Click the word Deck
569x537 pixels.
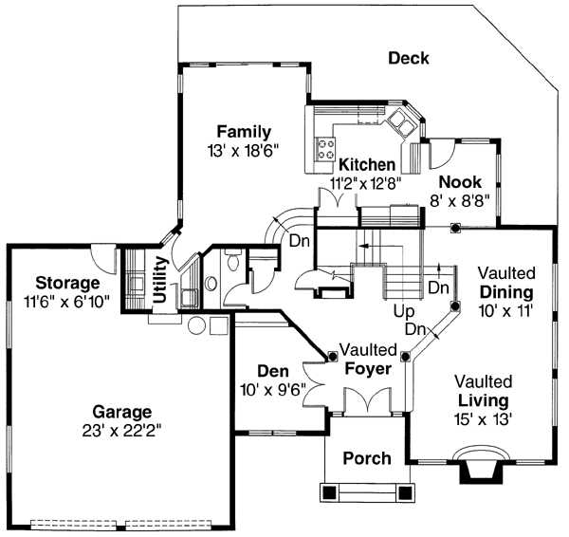(409, 59)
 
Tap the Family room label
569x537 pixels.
(244, 132)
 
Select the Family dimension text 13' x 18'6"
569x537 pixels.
(244, 150)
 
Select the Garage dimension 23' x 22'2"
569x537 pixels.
(121, 430)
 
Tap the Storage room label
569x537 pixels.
(67, 283)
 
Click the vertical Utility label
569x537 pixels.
(160, 282)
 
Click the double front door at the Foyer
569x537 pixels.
(366, 403)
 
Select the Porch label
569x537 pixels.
(366, 459)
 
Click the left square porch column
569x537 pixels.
(328, 492)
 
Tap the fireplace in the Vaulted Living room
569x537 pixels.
(480, 469)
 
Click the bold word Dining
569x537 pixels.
(505, 291)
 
